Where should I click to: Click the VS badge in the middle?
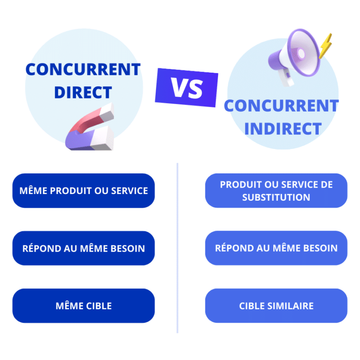click(186, 87)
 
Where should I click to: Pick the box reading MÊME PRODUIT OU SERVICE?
click(83, 191)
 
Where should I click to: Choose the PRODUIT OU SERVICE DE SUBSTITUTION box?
click(276, 191)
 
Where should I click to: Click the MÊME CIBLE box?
click(83, 306)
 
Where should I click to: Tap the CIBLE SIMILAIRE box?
click(276, 306)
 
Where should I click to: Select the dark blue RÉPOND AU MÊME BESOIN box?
click(83, 248)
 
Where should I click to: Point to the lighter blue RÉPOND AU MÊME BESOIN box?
click(276, 248)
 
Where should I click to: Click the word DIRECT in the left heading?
click(83, 92)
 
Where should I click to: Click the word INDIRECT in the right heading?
click(283, 128)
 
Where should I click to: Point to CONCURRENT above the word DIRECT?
click(83, 70)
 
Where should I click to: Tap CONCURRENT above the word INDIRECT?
click(281, 106)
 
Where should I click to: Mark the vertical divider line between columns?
click(178, 248)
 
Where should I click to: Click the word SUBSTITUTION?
click(276, 197)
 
